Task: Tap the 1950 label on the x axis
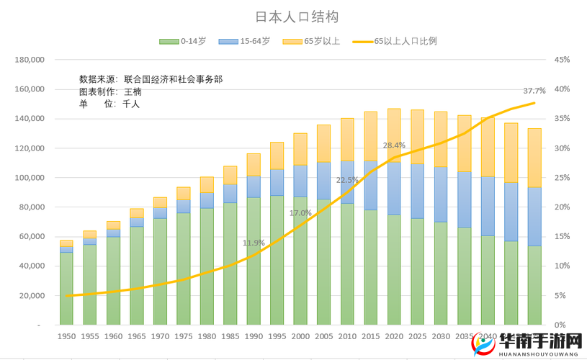click(x=66, y=336)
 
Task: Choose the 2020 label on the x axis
click(x=394, y=336)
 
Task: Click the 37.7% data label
click(x=534, y=91)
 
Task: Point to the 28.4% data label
click(x=393, y=145)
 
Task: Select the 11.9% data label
click(x=254, y=243)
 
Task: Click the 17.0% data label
click(x=300, y=213)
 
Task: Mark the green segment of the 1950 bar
click(x=66, y=288)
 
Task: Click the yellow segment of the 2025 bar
click(x=417, y=137)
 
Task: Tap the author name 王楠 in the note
click(x=133, y=91)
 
